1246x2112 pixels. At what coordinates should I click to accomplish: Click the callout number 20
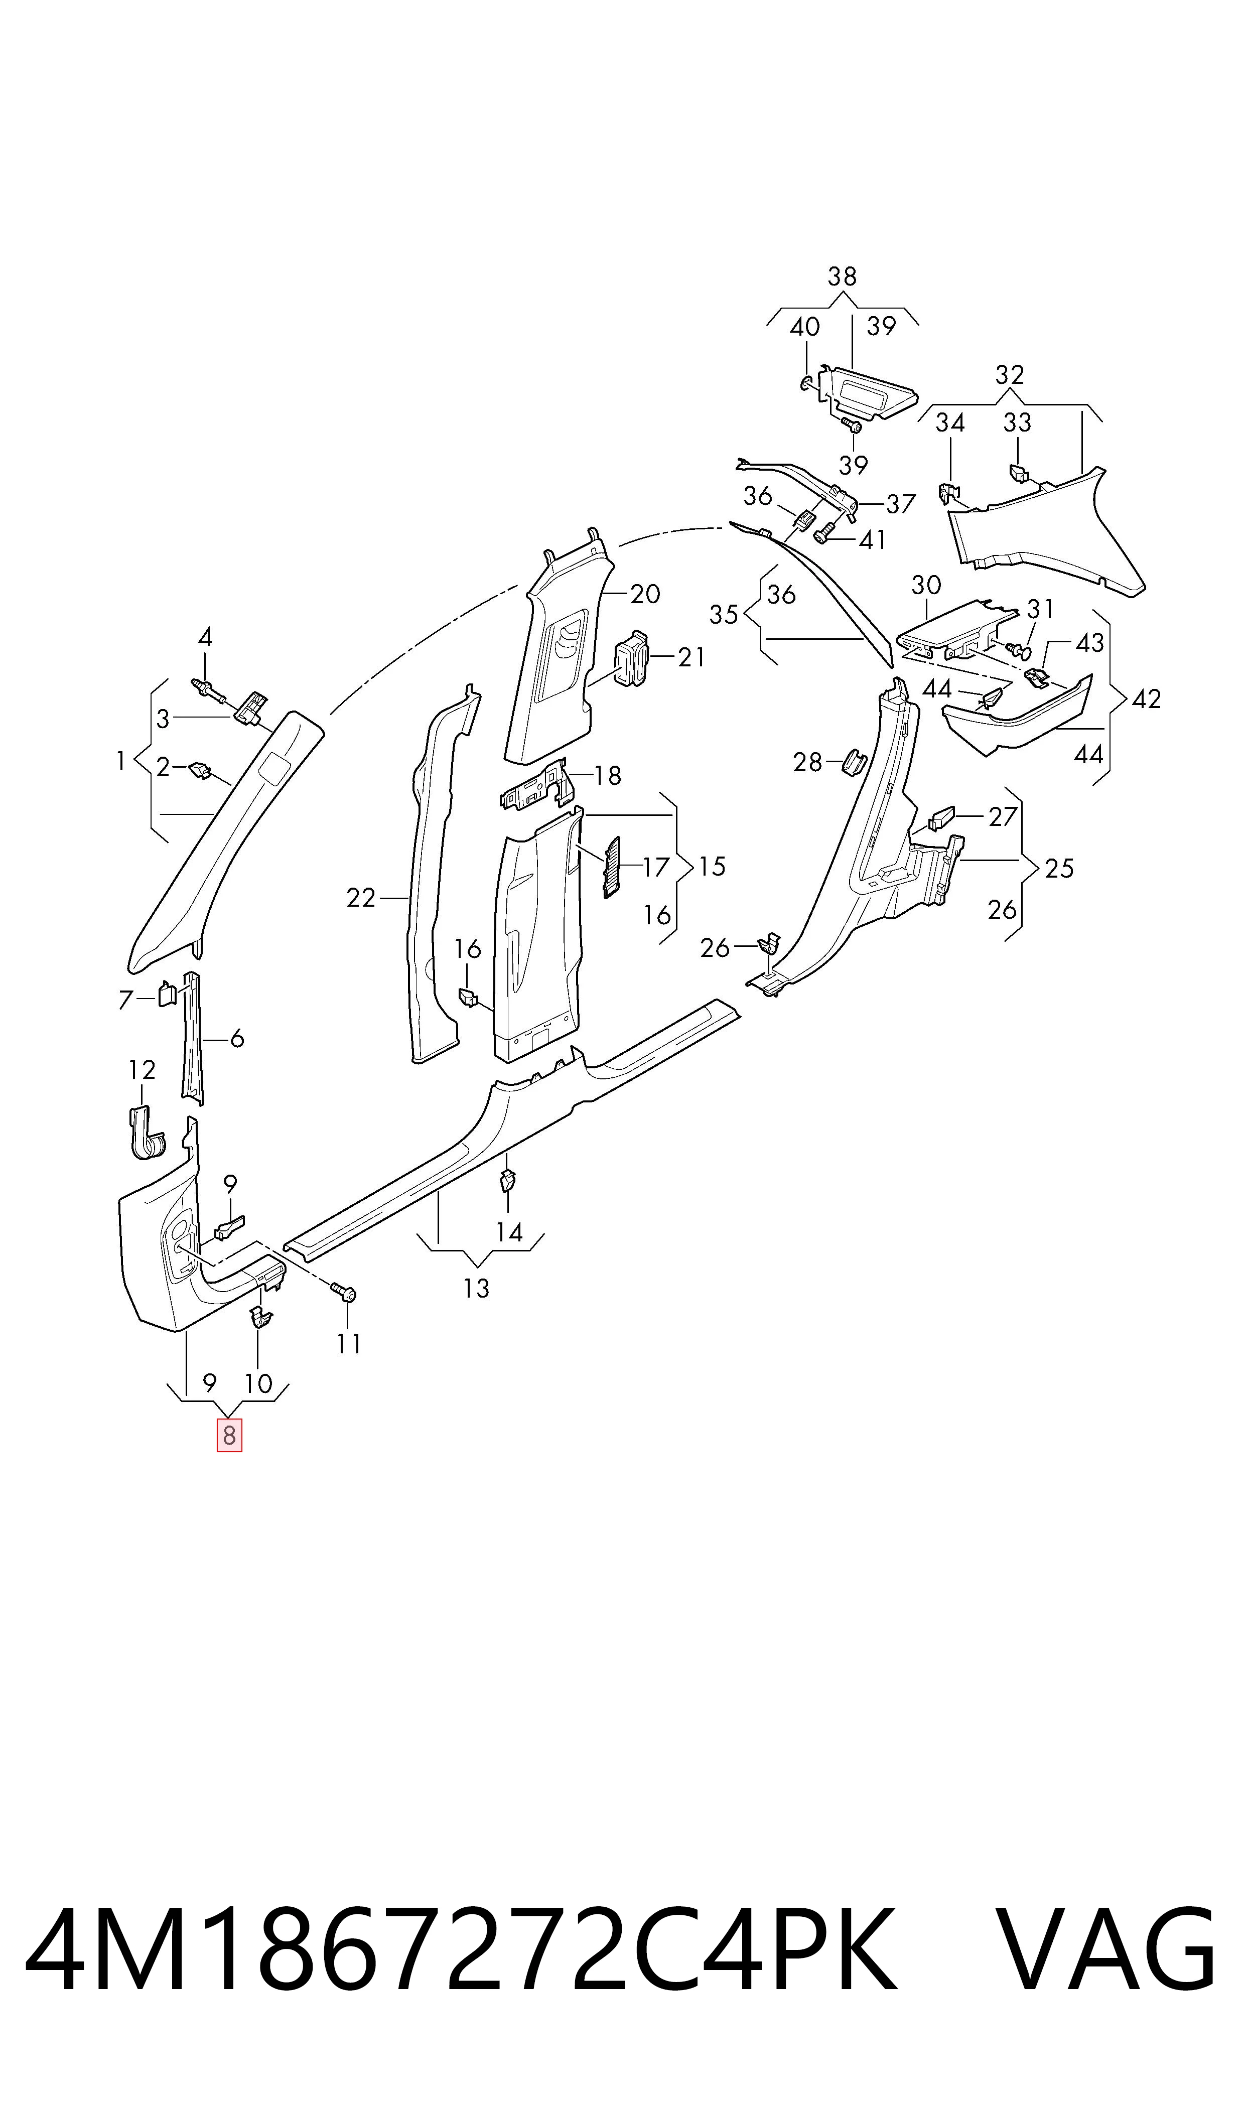(x=645, y=594)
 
